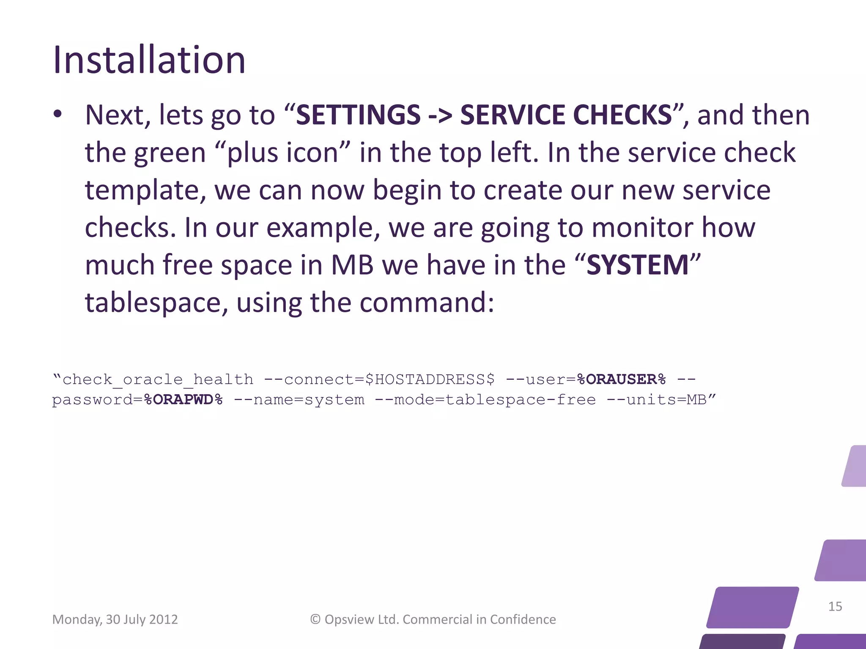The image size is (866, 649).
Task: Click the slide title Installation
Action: coord(149,60)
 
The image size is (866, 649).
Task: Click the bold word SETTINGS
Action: coord(358,115)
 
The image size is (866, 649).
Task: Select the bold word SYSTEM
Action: coord(638,265)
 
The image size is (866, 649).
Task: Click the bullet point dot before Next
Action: coord(58,114)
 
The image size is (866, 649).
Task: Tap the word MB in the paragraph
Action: coord(352,265)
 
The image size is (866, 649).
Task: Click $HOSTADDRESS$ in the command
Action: coord(430,379)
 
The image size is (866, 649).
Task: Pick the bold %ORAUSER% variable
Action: coord(621,379)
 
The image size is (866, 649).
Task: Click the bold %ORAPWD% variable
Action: coord(183,400)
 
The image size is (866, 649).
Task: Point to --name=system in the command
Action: coord(299,400)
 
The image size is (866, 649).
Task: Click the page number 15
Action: coord(835,607)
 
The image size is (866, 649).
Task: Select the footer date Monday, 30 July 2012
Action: coord(115,619)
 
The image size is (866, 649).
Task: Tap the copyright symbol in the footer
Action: coord(315,619)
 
